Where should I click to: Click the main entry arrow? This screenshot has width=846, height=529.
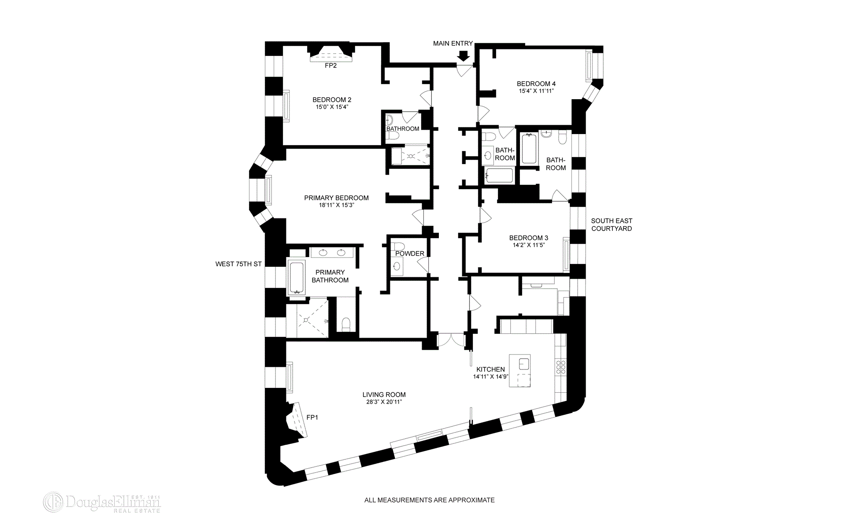[x=463, y=56]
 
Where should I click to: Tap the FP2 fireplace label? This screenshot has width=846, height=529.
[x=330, y=66]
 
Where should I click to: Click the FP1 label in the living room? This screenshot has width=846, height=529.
[x=312, y=417]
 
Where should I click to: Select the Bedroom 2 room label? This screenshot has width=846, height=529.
[x=332, y=100]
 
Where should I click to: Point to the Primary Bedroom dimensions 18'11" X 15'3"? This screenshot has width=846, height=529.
[x=336, y=205]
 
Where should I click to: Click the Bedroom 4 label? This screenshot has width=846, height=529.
[x=536, y=84]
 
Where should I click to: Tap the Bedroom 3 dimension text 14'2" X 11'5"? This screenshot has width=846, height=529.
[x=529, y=245]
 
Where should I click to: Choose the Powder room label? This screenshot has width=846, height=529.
[x=409, y=253]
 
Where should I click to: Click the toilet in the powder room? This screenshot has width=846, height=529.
[x=398, y=246]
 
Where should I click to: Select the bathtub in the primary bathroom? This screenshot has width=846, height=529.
[x=297, y=278]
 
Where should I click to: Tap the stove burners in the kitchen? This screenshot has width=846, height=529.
[x=561, y=367]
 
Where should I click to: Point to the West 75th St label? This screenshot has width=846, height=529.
[x=238, y=264]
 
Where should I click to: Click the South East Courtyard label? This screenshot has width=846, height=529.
[x=611, y=224]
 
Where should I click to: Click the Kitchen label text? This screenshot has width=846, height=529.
[x=490, y=369]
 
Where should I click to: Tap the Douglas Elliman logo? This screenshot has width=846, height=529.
[x=102, y=502]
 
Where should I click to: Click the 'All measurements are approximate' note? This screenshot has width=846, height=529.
[x=429, y=500]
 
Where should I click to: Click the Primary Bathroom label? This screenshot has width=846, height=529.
[x=330, y=276]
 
